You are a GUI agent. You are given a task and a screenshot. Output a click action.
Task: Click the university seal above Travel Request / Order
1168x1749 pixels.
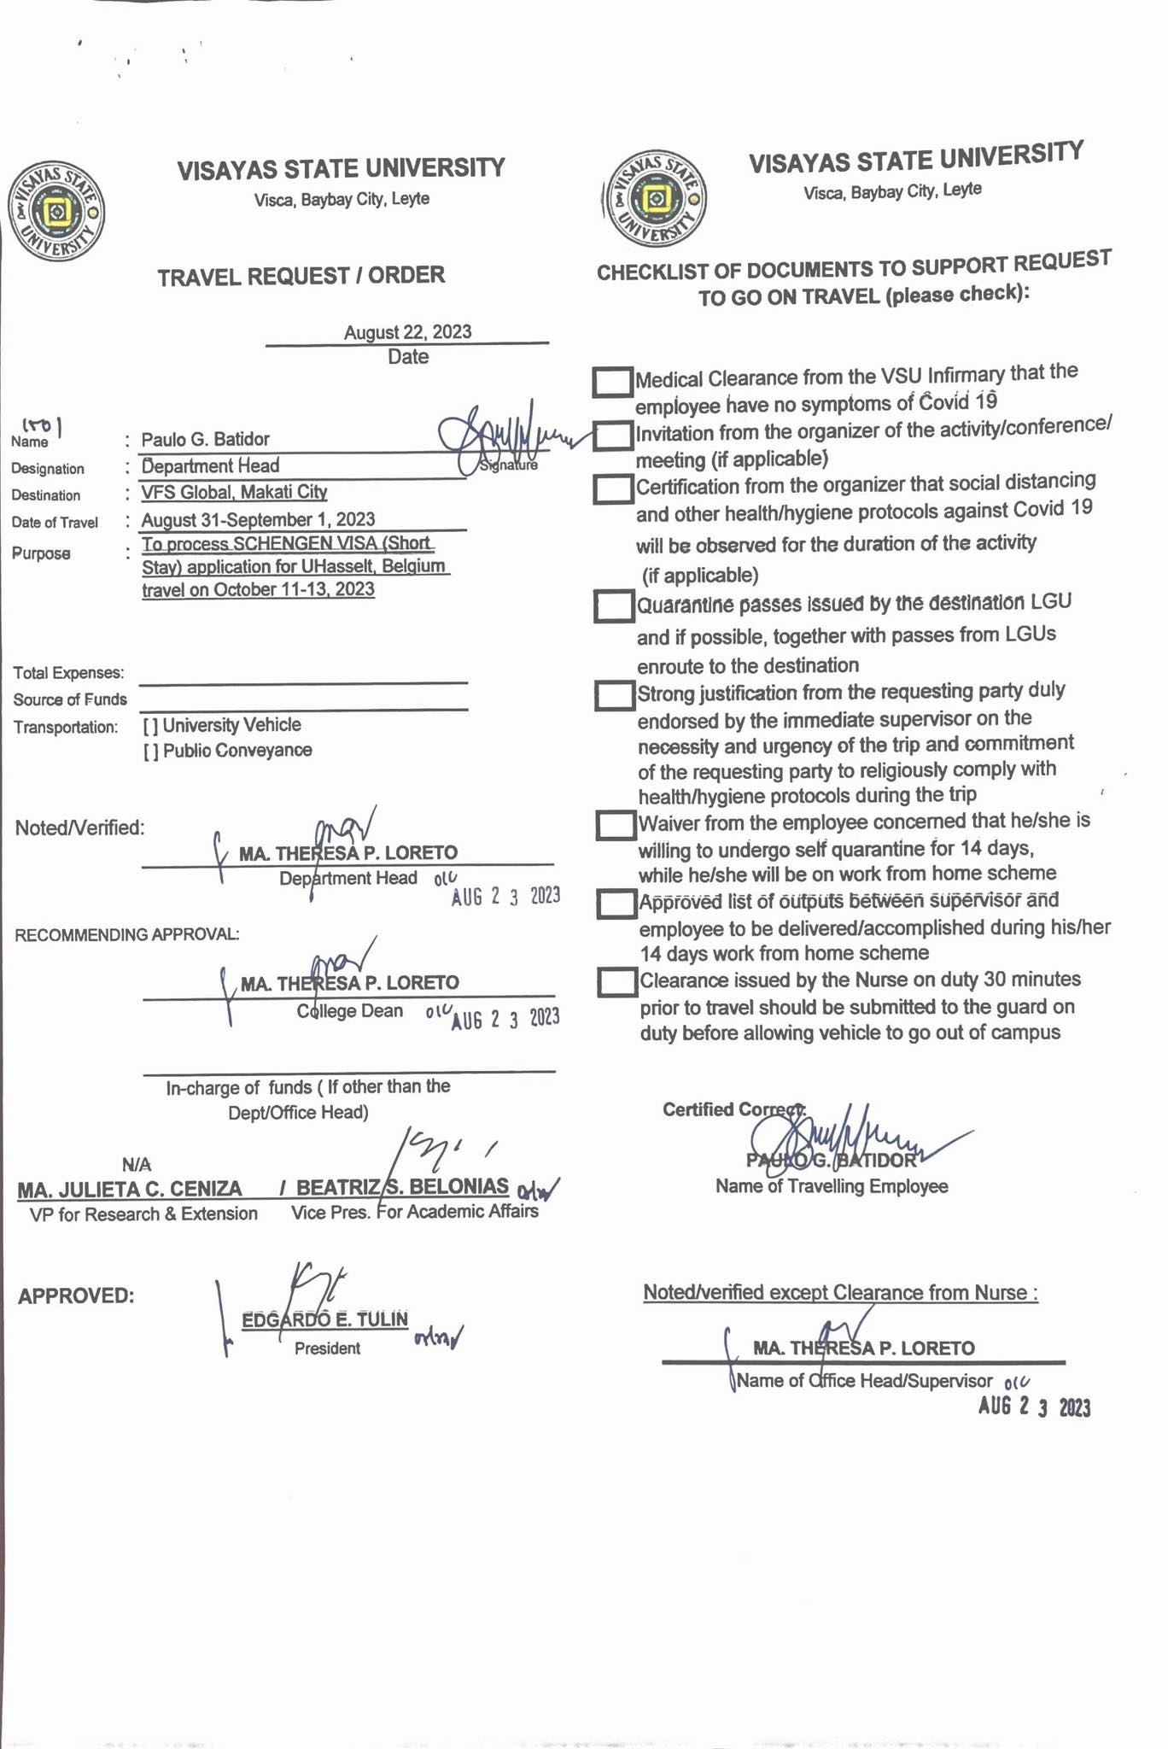tap(56, 211)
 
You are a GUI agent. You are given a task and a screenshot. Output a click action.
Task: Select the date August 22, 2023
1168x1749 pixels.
tap(407, 332)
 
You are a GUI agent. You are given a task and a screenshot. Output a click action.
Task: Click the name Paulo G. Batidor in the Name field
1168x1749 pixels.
tap(205, 440)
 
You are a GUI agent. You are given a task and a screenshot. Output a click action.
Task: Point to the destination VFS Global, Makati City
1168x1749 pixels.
tap(234, 493)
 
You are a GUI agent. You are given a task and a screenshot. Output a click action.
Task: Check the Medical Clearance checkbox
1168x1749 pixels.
tap(612, 382)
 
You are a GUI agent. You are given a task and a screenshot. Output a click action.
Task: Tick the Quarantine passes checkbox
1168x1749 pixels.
tap(613, 606)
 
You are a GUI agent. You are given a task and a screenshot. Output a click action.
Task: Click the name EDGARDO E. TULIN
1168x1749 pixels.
tap(325, 1320)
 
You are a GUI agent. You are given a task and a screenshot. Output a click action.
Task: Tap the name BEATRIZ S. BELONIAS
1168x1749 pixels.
tap(402, 1187)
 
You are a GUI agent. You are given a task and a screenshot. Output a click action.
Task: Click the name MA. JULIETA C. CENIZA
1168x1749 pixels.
tap(130, 1189)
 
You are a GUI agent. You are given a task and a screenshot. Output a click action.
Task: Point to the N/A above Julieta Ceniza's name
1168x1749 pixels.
tap(137, 1164)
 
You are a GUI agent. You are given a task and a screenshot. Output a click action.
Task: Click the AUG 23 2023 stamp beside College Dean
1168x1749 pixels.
tap(505, 1019)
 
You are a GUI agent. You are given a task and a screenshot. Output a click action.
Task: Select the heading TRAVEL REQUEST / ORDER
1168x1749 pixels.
tap(301, 276)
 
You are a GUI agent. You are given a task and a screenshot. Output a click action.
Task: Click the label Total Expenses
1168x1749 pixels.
tap(68, 674)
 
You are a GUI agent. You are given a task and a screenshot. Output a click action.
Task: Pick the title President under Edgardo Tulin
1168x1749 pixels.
tap(327, 1348)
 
